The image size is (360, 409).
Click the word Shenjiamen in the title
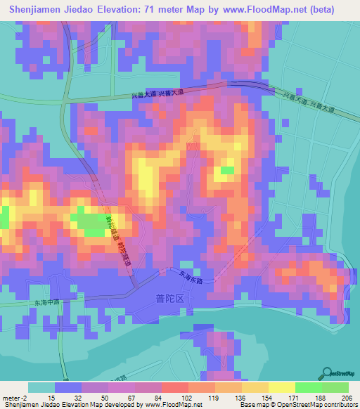coord(34,9)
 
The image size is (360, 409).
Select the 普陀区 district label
coord(169,298)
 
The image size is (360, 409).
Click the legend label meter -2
coord(15,398)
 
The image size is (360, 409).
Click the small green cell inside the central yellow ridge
coord(228,170)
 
